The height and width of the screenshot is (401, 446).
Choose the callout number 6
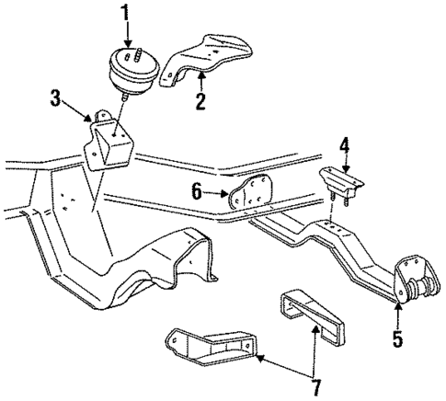[197, 193]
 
